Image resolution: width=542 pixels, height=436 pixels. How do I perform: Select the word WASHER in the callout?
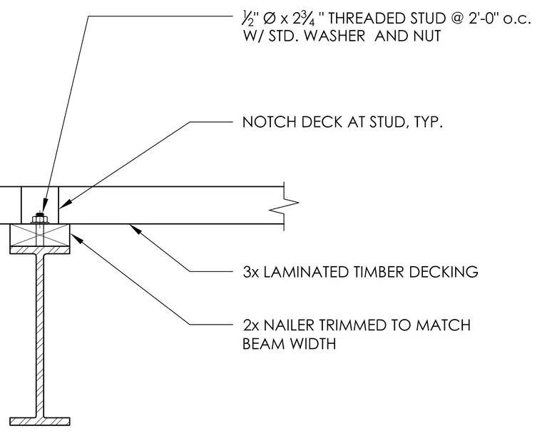pyautogui.click(x=334, y=36)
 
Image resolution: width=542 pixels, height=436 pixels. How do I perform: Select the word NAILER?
pyautogui.click(x=289, y=325)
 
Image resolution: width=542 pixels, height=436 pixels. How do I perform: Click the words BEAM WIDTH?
pyautogui.click(x=289, y=344)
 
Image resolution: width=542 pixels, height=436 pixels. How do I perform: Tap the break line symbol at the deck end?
pyautogui.click(x=284, y=206)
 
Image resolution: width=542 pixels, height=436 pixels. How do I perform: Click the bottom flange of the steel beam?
pyautogui.click(x=40, y=421)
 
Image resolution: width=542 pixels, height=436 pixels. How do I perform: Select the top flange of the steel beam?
pyautogui.click(x=40, y=250)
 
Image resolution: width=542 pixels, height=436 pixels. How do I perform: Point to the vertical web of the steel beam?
pyautogui.click(x=40, y=335)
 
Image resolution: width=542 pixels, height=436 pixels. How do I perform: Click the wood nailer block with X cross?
pyautogui.click(x=40, y=235)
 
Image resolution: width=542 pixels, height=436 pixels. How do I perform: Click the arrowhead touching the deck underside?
pyautogui.click(x=135, y=229)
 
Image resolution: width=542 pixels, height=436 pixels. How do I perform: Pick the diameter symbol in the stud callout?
pyautogui.click(x=269, y=19)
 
